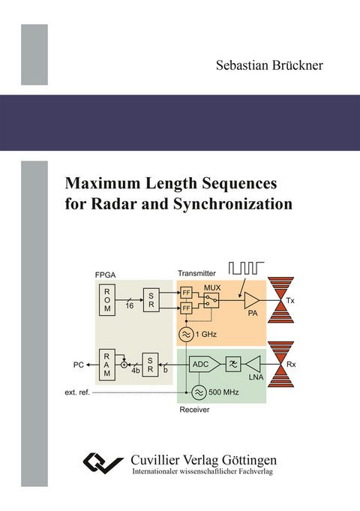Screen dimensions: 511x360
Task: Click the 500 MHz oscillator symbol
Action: (198, 391)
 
